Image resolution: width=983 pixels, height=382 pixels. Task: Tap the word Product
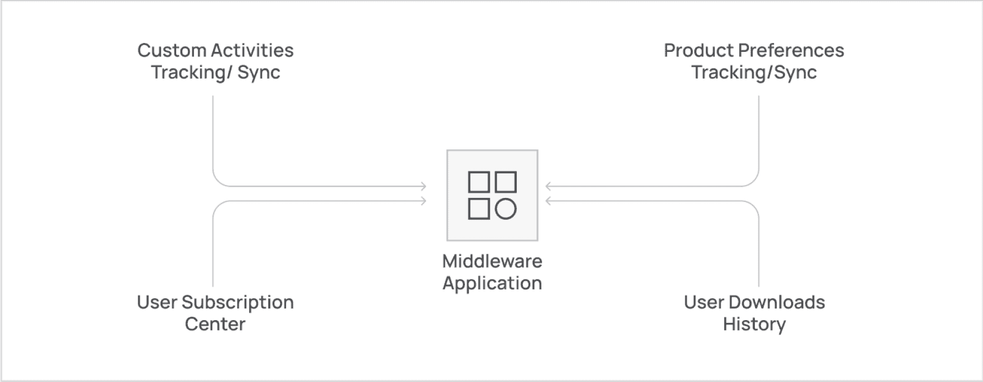699,50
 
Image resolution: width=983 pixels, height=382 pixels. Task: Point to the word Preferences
791,50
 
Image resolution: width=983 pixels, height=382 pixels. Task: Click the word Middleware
492,261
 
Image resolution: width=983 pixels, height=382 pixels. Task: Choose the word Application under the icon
492,283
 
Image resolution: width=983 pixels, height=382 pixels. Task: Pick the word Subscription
238,302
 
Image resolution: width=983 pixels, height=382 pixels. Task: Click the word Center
215,324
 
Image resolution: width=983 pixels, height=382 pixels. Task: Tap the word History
754,324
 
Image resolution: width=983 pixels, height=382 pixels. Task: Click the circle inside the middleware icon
506,209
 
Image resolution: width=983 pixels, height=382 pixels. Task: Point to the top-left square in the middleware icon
479,182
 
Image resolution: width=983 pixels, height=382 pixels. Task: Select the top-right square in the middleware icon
506,182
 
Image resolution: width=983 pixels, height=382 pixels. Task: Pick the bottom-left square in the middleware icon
479,209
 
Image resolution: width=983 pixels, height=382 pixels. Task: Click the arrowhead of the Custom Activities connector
424,186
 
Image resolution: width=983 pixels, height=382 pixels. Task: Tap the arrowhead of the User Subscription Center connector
424,201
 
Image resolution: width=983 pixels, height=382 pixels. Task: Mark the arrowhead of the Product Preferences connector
549,186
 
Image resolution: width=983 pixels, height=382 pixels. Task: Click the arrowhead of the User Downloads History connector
549,201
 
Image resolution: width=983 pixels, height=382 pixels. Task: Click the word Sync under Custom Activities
259,72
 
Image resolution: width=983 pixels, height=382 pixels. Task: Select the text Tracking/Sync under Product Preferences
754,72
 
